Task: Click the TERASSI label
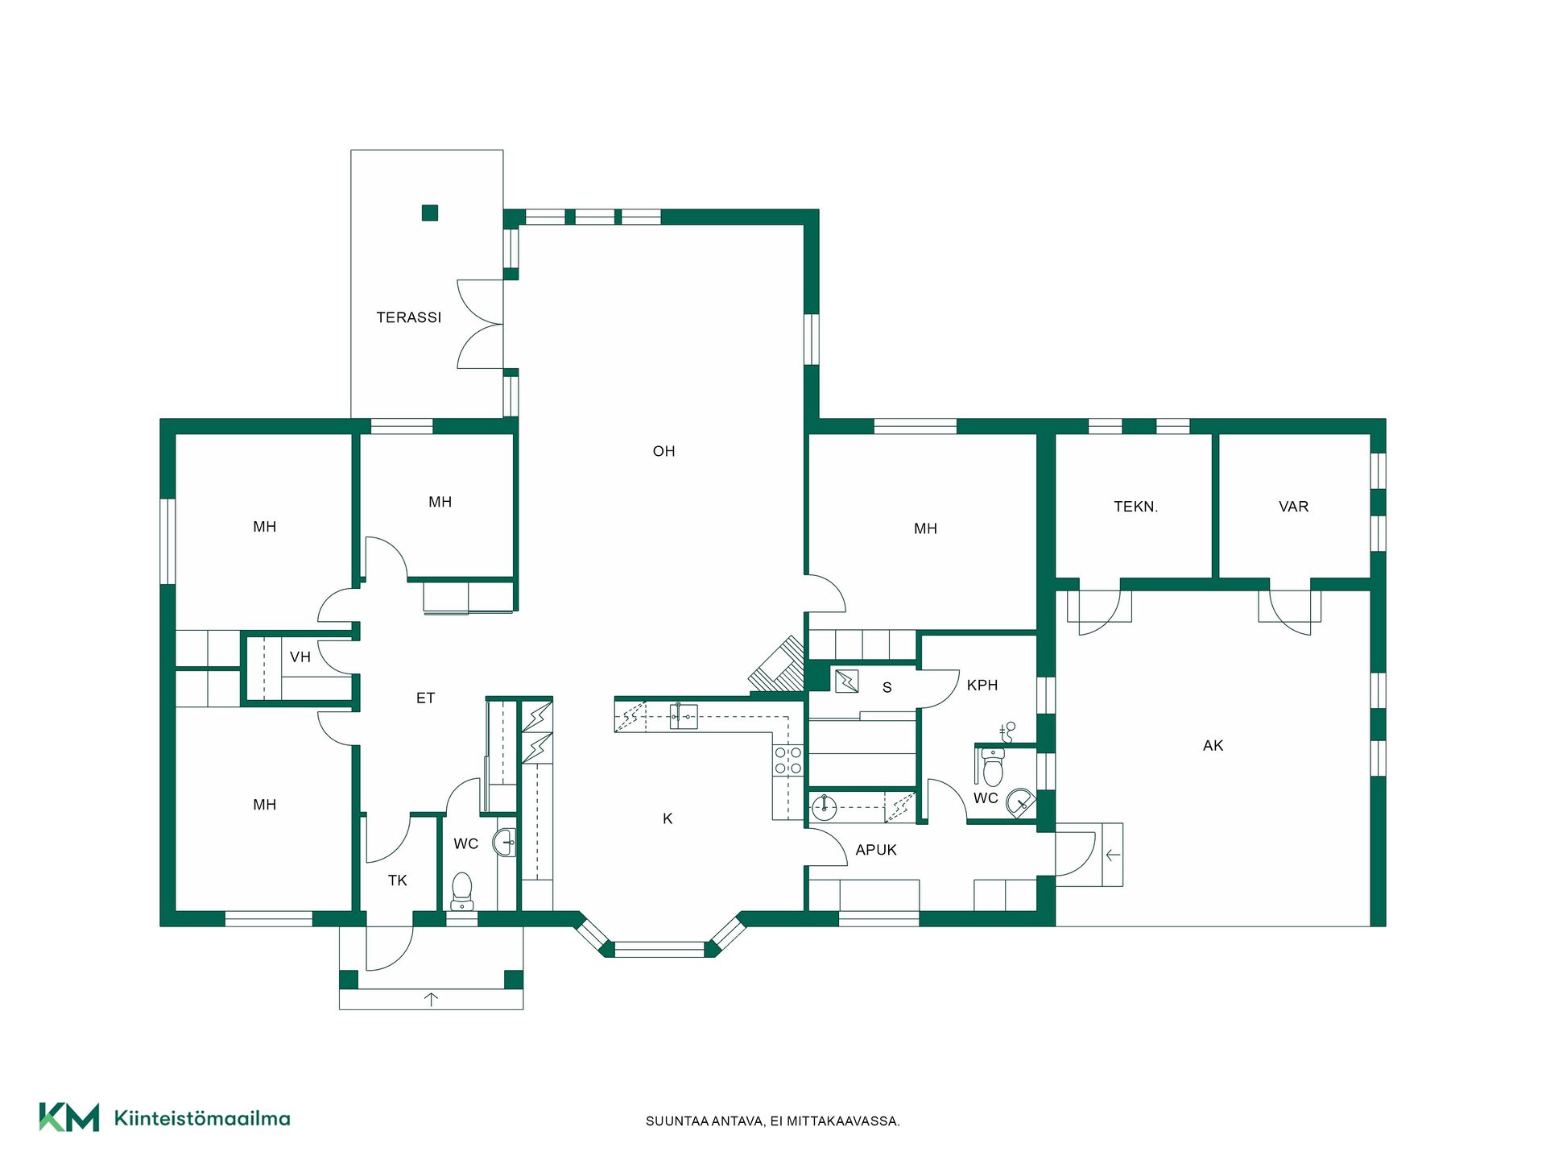(409, 317)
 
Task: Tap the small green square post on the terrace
(430, 213)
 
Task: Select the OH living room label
(663, 451)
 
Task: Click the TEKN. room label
(1135, 507)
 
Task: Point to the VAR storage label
(1293, 507)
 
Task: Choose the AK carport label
(1213, 746)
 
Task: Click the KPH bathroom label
(982, 686)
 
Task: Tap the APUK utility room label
(876, 850)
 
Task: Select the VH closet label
(300, 657)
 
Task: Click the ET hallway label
(425, 698)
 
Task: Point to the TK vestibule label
(398, 880)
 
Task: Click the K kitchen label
(668, 818)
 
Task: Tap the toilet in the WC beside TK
(461, 891)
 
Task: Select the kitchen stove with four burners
(788, 760)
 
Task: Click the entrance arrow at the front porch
(432, 1000)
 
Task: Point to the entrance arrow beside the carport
(1113, 855)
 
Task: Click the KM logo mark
(69, 1117)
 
